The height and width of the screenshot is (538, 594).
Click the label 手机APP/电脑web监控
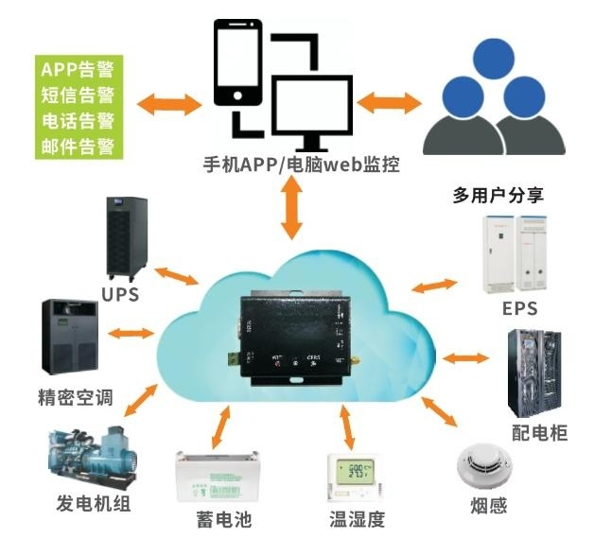302,165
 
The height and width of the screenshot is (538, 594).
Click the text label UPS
120,294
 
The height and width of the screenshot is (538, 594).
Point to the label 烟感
486,506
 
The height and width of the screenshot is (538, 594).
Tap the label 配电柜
539,433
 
